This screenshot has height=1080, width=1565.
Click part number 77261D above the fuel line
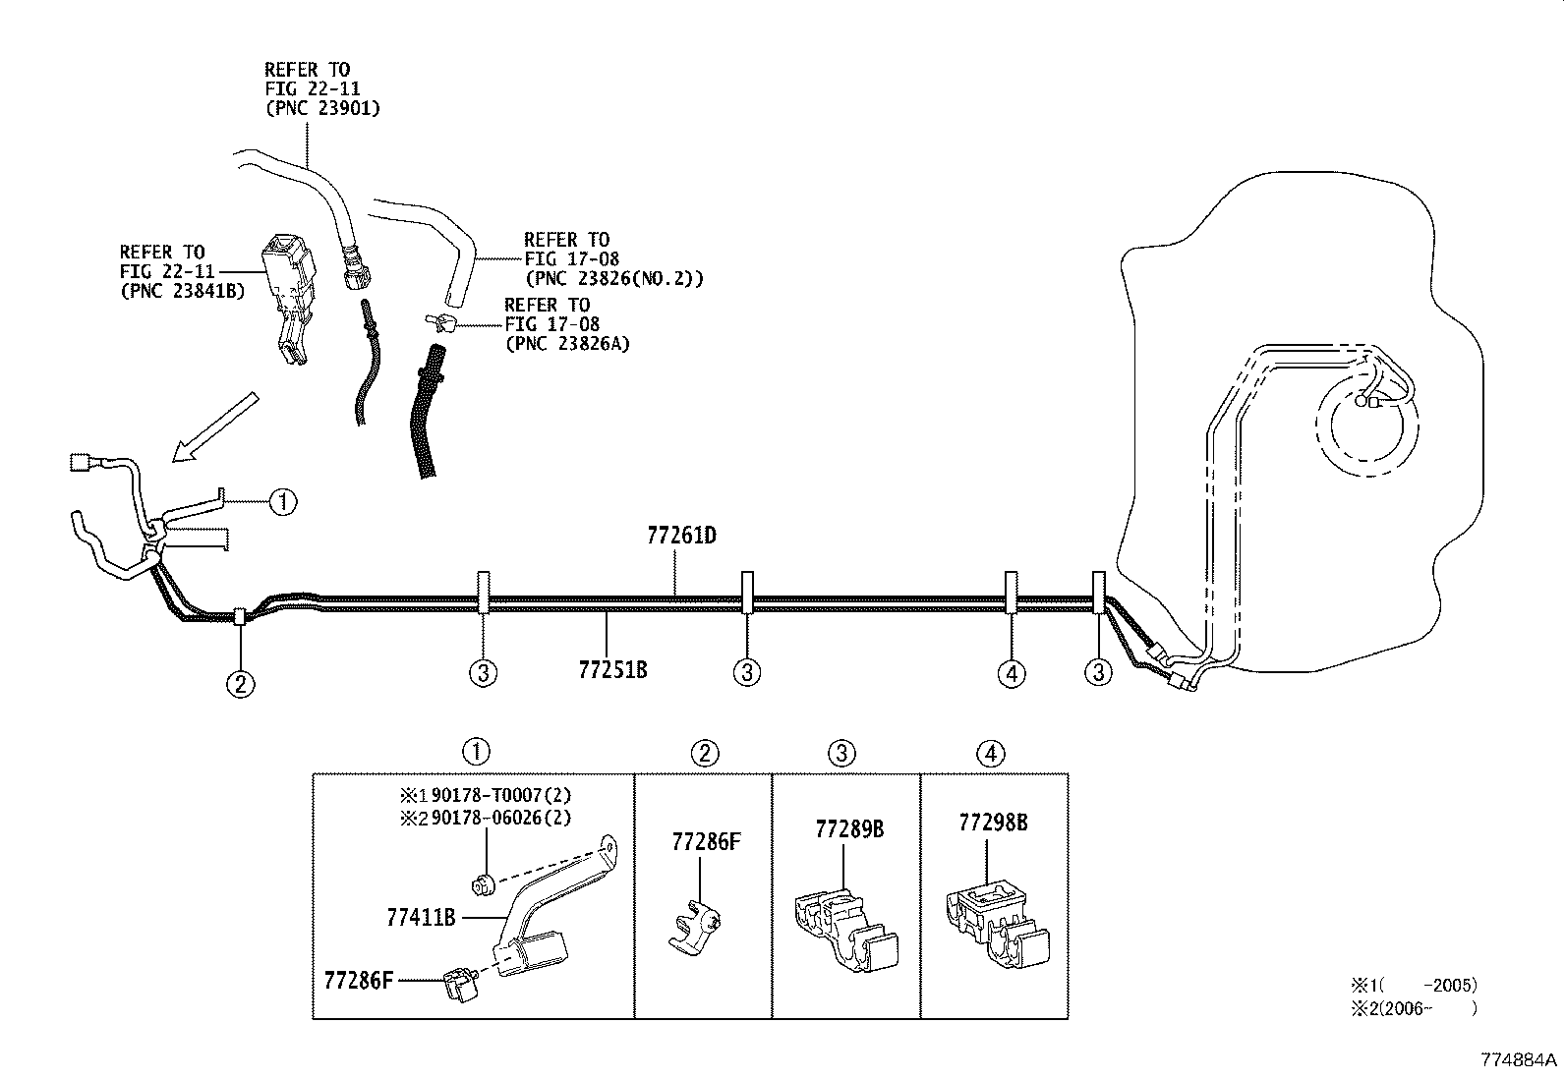point(681,536)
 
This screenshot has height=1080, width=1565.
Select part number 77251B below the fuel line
point(612,670)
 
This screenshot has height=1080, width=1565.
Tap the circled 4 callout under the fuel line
point(1011,673)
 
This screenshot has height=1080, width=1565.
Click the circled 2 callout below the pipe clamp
point(241,683)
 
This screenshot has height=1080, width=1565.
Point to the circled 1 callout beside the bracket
point(282,502)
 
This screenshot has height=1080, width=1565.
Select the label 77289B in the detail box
point(849,829)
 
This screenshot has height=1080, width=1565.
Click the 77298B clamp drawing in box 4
point(996,926)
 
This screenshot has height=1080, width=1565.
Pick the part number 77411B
point(421,918)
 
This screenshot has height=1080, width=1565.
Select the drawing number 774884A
point(1520,1060)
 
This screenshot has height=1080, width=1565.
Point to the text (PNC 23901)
point(322,108)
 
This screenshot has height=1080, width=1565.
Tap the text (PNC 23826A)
point(567,343)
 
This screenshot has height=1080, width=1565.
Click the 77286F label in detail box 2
point(706,841)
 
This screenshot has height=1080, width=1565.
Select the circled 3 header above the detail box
point(842,754)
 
